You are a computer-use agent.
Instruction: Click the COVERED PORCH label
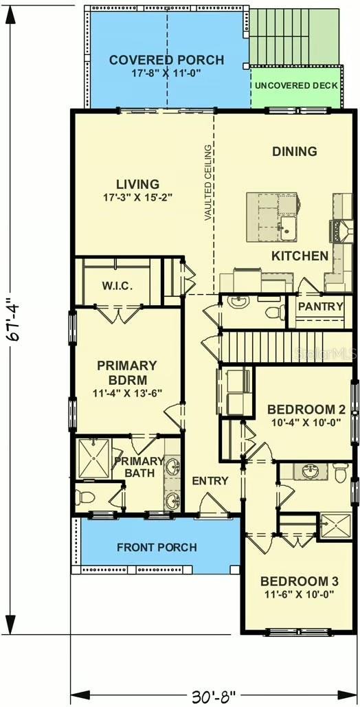tap(166, 60)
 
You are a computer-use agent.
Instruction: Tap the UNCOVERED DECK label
tap(295, 86)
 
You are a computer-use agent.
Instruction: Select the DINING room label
tap(294, 151)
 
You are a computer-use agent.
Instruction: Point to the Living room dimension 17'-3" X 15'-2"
tap(137, 197)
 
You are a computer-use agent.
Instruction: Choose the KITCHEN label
tap(300, 256)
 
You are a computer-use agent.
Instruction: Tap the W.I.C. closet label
tap(117, 286)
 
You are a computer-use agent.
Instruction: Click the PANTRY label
tap(320, 306)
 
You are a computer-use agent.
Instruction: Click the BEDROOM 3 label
tap(297, 579)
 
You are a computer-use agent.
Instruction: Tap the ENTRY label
tap(210, 481)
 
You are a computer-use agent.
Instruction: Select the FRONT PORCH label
tap(157, 548)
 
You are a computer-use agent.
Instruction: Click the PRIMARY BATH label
tap(139, 467)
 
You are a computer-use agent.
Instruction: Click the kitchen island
tap(272, 217)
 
